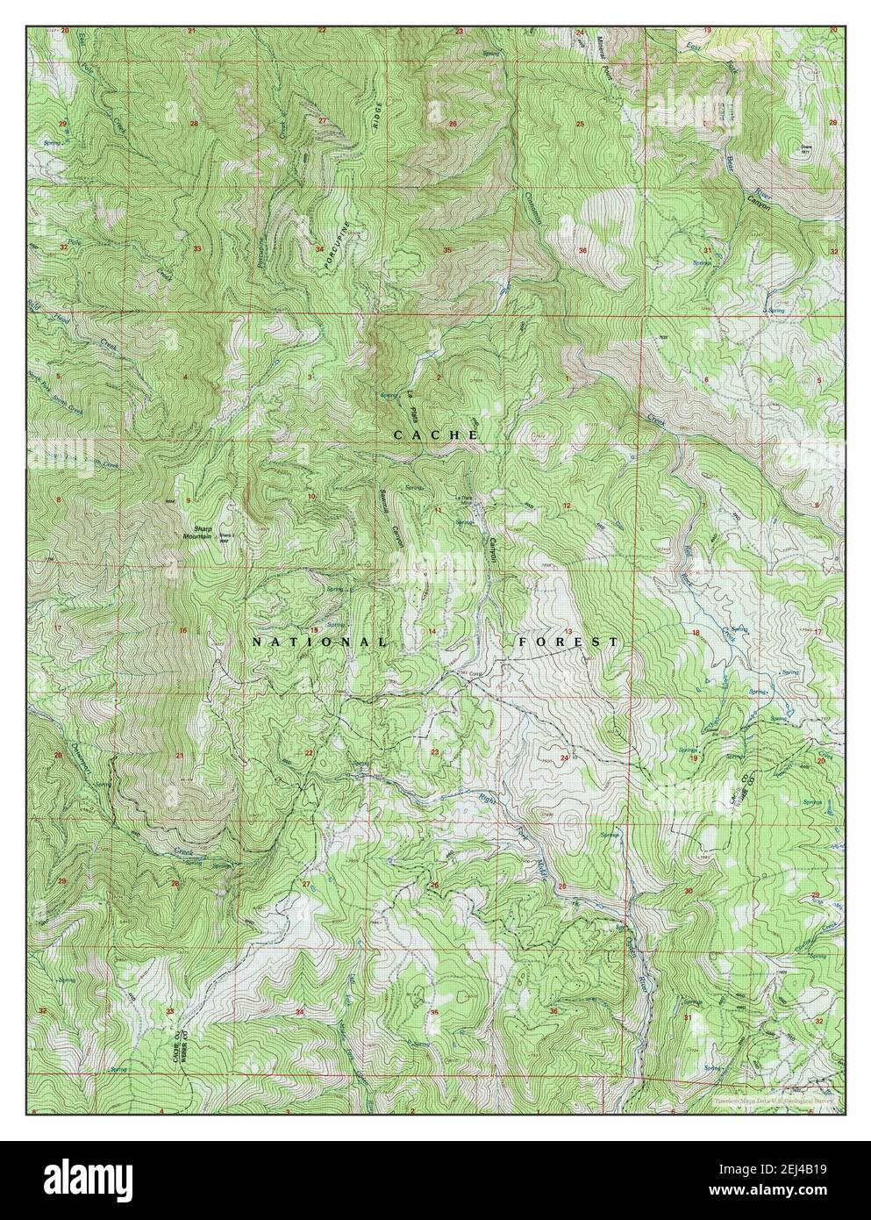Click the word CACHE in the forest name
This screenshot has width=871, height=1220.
435,435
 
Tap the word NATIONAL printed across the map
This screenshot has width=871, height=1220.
318,642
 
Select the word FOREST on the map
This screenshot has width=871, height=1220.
568,642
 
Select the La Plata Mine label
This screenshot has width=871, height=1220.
466,500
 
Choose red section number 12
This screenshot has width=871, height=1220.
567,506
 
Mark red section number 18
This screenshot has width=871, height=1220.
696,632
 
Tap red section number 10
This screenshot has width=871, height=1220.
311,497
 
